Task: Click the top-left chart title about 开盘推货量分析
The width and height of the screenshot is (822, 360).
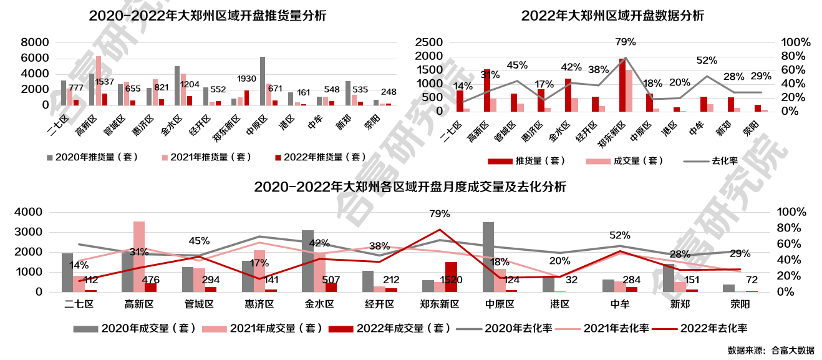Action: coord(207,16)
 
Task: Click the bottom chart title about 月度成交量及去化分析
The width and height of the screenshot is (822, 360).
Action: coord(410,187)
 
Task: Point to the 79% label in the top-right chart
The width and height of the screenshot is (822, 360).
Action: coord(625,42)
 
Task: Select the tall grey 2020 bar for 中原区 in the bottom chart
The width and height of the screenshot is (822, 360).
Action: coord(488,256)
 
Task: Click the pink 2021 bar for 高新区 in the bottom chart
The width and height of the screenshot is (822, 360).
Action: coord(139,256)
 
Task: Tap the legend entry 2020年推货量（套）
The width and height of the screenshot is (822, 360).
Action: coord(92,157)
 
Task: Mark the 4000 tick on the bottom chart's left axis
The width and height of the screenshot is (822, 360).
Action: coord(30,212)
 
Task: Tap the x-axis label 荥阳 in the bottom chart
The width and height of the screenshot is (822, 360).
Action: coord(740,304)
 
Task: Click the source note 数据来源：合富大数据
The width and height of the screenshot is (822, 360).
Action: coord(770,350)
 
